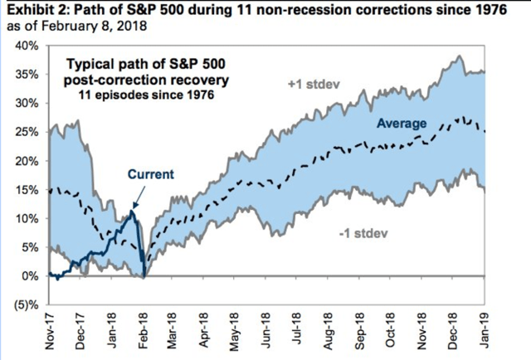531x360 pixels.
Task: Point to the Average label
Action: coord(402,124)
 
